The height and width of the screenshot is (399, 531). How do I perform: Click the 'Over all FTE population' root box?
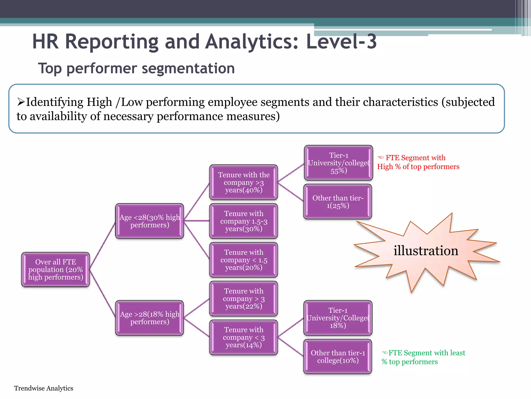55,269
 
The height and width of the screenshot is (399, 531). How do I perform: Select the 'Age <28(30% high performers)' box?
150,221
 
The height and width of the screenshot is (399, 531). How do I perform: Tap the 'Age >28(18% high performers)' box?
150,318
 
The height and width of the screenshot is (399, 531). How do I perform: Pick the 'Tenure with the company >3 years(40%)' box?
244,182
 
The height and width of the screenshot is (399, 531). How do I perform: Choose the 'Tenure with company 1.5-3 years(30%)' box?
244,221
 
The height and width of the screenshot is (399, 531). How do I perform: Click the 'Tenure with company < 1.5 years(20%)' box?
244,260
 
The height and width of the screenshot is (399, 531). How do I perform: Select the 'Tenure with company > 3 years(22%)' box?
244,298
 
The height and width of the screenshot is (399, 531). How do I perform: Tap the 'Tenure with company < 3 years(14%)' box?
244,337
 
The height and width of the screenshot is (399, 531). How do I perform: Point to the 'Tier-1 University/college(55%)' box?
338,163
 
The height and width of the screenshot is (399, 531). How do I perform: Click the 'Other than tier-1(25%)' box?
338,202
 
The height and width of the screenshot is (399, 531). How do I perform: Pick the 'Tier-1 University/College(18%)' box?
338,318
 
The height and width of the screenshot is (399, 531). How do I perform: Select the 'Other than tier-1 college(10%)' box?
338,356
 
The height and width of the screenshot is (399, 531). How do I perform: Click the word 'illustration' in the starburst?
426,251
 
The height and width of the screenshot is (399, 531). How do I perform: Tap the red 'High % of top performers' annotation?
418,167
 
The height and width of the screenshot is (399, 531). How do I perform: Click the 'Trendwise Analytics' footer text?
44,388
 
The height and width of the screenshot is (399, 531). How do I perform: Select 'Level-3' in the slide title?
341,42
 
